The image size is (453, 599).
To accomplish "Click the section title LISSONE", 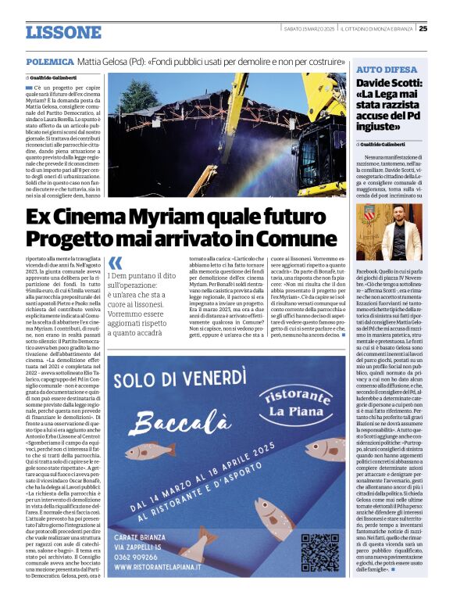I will [x=63, y=33].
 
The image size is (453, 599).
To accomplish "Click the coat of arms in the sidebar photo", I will [x=369, y=212].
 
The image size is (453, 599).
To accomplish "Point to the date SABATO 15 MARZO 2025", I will [x=309, y=29].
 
